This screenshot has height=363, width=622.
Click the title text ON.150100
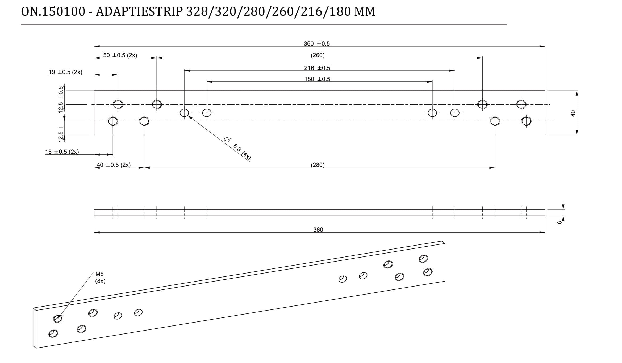[x=53, y=12]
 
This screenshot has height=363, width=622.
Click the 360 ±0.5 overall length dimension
[x=316, y=44]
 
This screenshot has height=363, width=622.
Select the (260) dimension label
[x=318, y=55]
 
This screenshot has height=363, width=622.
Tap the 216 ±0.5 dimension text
[x=317, y=68]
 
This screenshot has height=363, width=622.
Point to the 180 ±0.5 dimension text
[x=317, y=79]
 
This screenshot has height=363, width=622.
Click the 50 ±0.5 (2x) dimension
[x=120, y=55]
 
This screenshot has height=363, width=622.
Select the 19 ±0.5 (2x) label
[x=65, y=72]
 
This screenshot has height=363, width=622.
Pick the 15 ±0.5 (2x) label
[x=62, y=152]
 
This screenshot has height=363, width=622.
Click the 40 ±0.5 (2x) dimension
[x=114, y=165]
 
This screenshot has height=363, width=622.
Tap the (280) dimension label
[x=318, y=165]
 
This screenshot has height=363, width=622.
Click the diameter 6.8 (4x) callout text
[x=241, y=152]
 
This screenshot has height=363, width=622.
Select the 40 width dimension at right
[x=573, y=113]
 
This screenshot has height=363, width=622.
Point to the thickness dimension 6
[x=559, y=222]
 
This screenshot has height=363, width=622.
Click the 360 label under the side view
[x=318, y=230]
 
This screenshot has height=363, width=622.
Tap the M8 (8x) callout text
[x=100, y=278]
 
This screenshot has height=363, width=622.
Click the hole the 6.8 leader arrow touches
[x=184, y=113]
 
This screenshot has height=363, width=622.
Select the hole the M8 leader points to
[x=58, y=318]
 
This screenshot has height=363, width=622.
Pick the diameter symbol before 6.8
[x=227, y=140]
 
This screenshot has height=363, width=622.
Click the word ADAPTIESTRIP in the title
[x=139, y=12]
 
